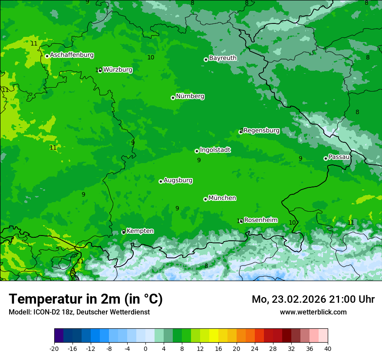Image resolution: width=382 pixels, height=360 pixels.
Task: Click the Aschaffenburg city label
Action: (x=72, y=55)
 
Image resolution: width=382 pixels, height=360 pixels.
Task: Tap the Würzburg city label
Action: (x=118, y=70)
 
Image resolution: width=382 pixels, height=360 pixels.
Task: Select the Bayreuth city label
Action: (x=223, y=58)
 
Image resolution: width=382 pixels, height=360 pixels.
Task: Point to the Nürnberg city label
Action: (x=190, y=96)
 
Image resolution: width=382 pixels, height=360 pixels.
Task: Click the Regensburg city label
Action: (x=262, y=131)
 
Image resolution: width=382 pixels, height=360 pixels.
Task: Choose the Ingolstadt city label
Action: (x=215, y=150)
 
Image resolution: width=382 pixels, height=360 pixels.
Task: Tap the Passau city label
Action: (x=339, y=157)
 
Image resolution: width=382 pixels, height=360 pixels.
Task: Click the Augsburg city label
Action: (x=178, y=180)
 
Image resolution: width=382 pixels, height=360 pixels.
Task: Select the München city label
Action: (x=222, y=198)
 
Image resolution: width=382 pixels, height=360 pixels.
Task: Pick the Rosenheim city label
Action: (x=260, y=220)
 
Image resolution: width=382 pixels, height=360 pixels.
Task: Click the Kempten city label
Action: (x=140, y=231)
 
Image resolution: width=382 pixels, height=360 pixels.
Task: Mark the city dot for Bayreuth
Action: (x=206, y=59)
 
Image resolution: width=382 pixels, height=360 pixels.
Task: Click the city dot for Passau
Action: (x=326, y=158)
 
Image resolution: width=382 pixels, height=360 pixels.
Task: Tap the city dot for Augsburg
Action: (x=161, y=181)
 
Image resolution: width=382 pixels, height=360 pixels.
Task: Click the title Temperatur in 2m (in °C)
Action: (x=86, y=299)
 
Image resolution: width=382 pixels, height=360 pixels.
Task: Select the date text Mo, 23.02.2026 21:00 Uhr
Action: (x=313, y=299)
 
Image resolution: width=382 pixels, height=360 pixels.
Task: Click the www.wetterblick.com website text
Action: (x=313, y=312)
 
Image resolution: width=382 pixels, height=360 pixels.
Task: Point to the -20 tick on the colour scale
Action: (x=54, y=348)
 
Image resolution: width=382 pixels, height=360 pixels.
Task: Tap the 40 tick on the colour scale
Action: (x=328, y=348)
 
